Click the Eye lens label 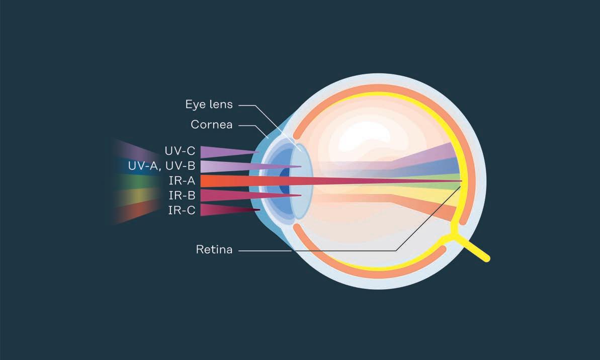(209, 105)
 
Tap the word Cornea (212, 124)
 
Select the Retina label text (214, 249)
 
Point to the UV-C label (180, 151)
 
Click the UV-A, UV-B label (161, 166)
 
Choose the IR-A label (182, 181)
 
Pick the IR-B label (182, 195)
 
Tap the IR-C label (182, 210)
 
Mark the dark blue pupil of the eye (285, 181)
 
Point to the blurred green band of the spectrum (128, 181)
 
